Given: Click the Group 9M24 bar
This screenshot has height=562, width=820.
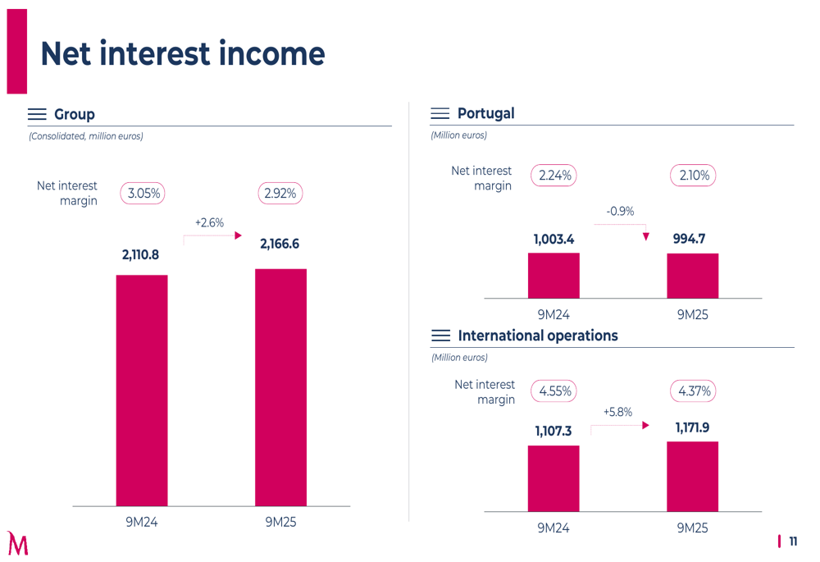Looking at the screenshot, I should (x=142, y=391).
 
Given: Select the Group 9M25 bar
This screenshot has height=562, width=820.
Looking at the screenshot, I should (x=280, y=387).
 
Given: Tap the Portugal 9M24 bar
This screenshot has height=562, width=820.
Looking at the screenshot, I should (x=553, y=276).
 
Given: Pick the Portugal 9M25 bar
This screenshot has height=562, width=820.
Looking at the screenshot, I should (x=692, y=276).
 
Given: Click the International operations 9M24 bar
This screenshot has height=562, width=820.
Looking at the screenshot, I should (x=553, y=478).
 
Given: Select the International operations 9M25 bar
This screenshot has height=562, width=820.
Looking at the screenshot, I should (x=692, y=477).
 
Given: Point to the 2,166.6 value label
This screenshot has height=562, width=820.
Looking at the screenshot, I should (x=280, y=244).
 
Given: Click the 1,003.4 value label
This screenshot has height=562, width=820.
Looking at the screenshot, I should (x=553, y=239).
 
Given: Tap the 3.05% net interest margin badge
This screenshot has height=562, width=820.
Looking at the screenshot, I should (x=143, y=194).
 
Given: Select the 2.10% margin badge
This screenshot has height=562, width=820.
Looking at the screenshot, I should (x=693, y=176).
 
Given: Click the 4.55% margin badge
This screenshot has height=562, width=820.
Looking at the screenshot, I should (x=554, y=391).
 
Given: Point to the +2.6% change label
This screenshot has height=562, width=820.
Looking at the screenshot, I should (x=209, y=222).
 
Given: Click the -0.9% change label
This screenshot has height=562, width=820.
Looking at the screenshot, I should (x=620, y=211).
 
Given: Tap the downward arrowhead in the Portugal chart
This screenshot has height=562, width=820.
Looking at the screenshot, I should (x=646, y=237).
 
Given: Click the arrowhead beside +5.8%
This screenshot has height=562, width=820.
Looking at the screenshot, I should (x=646, y=426).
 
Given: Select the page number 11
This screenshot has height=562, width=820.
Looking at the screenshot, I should (x=793, y=541).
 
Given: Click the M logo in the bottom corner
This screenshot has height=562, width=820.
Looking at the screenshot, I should (x=17, y=543).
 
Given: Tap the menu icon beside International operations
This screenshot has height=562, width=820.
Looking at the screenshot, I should (x=440, y=336).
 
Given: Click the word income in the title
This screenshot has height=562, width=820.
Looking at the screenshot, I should (x=265, y=54).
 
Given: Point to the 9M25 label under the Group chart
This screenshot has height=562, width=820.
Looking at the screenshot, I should (x=280, y=522).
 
